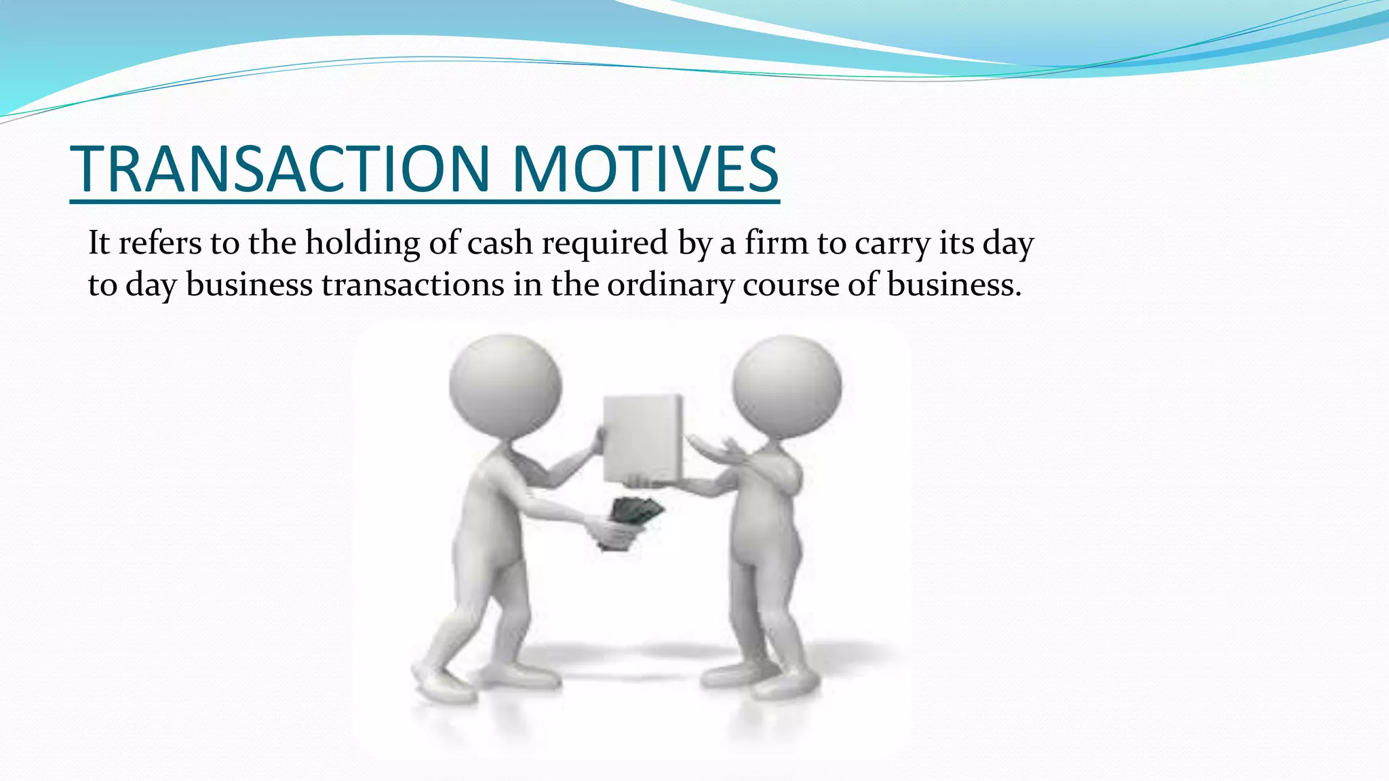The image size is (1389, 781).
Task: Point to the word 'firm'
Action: tap(776, 243)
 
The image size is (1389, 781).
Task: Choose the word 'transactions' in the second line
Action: tap(412, 285)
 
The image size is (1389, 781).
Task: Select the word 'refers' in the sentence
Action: tap(160, 243)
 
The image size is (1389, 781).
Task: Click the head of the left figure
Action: tap(505, 386)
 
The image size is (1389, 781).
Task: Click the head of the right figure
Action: tap(787, 386)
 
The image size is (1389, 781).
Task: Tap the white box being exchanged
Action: tap(643, 438)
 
